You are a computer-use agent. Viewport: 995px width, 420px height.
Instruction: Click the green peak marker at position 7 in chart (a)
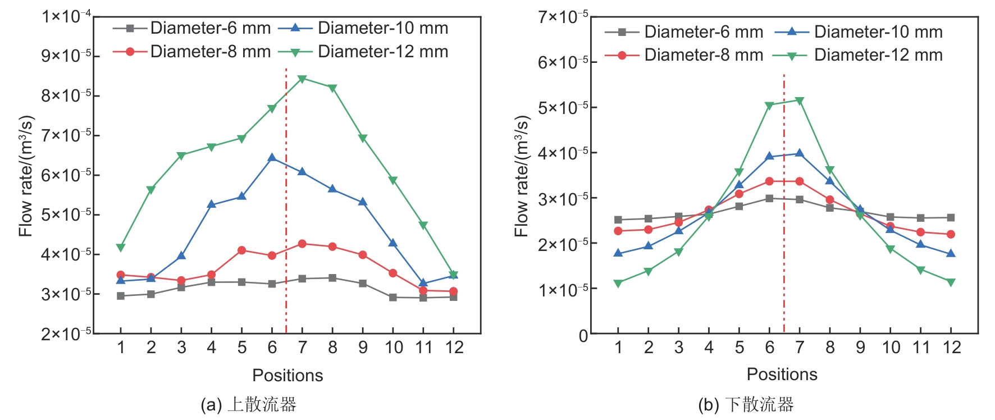[302, 79]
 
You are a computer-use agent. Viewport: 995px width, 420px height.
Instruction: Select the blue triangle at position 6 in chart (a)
[272, 158]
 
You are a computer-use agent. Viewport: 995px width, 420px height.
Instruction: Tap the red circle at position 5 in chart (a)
[242, 250]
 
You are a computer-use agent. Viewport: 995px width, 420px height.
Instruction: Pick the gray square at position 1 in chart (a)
[121, 296]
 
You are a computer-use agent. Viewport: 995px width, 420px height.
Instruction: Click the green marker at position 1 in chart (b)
[618, 284]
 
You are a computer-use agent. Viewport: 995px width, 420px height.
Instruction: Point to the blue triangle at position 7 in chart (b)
[800, 153]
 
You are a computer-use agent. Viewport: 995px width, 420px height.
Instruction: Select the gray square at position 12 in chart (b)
[951, 217]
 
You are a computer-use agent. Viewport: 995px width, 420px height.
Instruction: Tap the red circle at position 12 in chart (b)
[951, 234]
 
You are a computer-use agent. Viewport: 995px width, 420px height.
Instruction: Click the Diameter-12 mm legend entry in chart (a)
[383, 52]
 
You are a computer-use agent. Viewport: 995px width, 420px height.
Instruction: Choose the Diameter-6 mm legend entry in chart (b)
[704, 32]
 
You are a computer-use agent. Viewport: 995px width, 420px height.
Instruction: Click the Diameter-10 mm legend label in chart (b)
[878, 32]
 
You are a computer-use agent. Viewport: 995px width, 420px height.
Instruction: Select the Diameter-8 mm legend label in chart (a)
[211, 52]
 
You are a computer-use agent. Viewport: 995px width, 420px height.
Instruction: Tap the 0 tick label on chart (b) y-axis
[583, 336]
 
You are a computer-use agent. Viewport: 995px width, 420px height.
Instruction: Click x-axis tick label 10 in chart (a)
[394, 348]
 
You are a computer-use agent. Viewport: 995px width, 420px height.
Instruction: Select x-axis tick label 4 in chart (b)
[709, 348]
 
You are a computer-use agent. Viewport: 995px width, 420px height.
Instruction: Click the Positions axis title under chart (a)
[287, 375]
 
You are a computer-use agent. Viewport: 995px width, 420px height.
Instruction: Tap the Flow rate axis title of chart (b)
[522, 176]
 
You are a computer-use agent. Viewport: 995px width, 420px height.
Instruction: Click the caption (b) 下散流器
[746, 405]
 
